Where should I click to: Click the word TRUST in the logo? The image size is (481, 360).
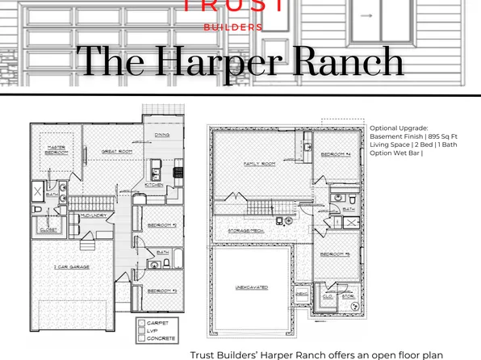(x=234, y=7)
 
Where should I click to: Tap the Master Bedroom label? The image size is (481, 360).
(x=56, y=149)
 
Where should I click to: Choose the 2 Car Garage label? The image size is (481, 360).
(x=73, y=266)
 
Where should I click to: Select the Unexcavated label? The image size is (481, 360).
(x=251, y=288)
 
